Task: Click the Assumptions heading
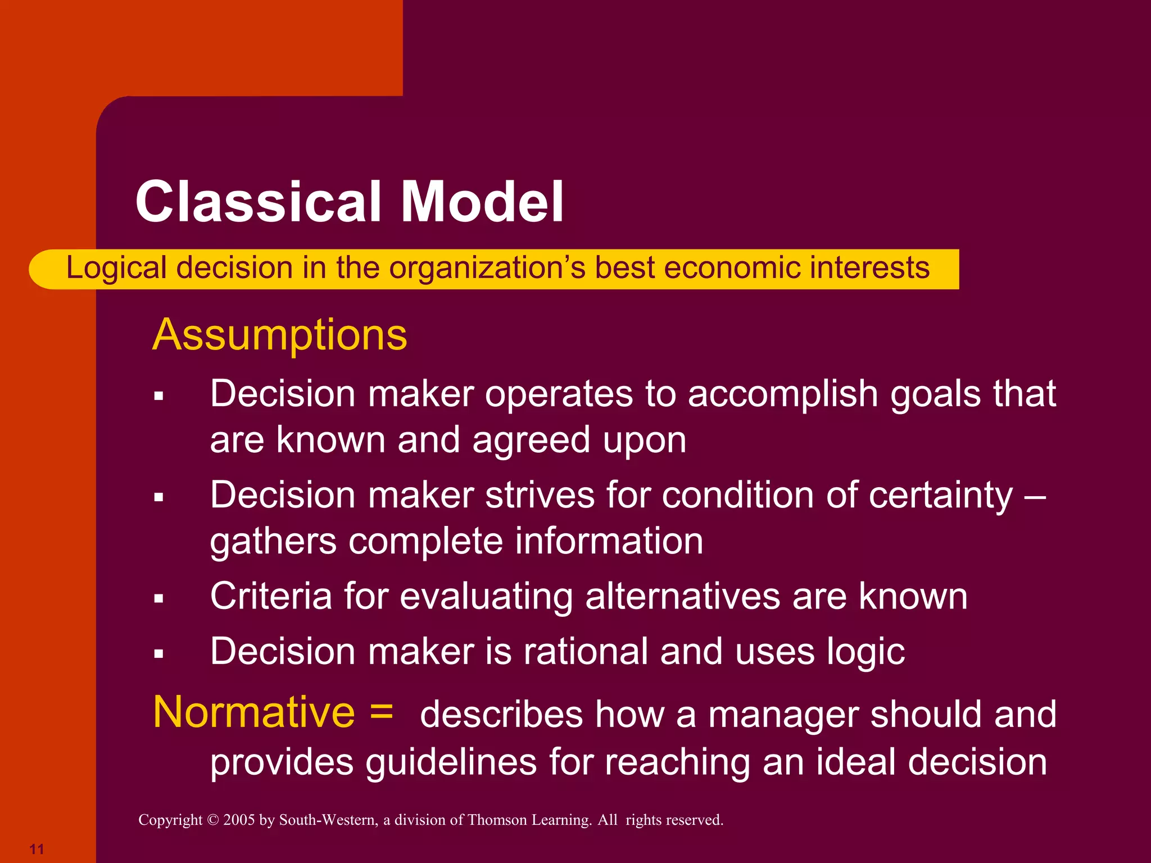(279, 335)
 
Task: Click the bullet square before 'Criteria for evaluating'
(159, 599)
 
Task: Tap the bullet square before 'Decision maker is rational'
(159, 654)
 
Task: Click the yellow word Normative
(254, 712)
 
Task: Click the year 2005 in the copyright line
(239, 820)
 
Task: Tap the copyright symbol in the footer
(212, 820)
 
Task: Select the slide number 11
(37, 848)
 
